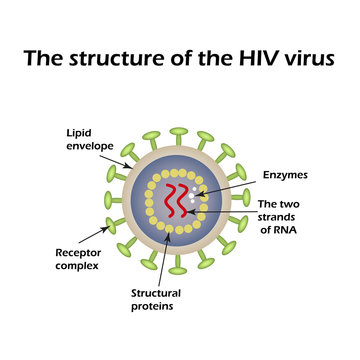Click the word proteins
point(154,307)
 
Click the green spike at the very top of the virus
point(180,132)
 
